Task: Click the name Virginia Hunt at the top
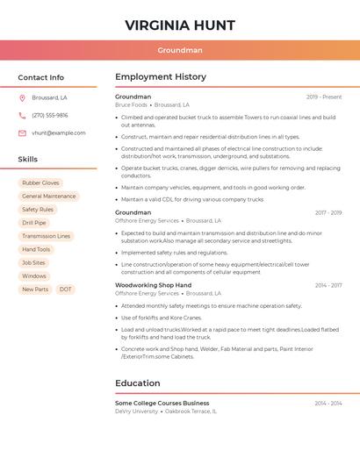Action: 180,25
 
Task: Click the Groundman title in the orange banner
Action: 180,51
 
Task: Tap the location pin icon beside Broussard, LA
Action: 22,97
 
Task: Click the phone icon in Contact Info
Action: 22,115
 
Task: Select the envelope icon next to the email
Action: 22,133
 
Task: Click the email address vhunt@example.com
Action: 59,133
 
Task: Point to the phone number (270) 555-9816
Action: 50,115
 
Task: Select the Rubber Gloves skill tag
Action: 40,183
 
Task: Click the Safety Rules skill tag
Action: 38,210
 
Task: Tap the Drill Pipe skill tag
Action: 34,223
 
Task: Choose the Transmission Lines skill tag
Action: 46,236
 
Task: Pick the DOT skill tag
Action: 66,290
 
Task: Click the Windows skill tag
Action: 34,276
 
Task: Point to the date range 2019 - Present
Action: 324,97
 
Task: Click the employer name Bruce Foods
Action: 131,104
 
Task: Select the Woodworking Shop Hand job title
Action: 153,285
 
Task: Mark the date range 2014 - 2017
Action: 328,285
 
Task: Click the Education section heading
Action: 138,383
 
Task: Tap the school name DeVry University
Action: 136,411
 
